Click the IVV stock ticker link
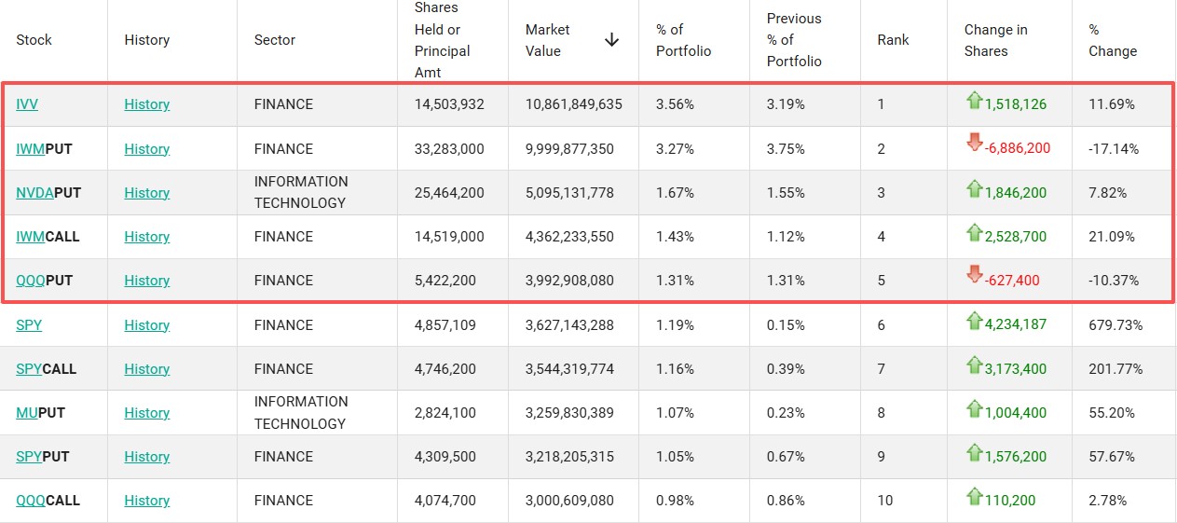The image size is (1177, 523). point(27,104)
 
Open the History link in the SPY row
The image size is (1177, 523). point(146,324)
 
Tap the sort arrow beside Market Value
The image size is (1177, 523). point(611,40)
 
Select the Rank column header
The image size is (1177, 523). point(893,40)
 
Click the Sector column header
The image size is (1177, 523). point(274,40)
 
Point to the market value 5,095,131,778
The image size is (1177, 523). point(569,193)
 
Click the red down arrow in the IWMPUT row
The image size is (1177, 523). point(974,142)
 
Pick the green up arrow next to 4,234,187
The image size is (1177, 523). point(974,320)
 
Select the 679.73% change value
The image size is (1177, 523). point(1115,324)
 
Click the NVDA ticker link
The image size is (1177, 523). point(34,193)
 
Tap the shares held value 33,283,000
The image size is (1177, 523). point(449,149)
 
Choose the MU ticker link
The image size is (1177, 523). point(27,413)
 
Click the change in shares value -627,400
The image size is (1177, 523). point(1012,281)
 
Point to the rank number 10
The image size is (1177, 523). point(885,500)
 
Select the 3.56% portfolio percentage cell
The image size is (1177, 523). point(675,104)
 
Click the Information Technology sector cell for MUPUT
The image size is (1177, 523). point(301,413)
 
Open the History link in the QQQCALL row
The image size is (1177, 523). point(146,500)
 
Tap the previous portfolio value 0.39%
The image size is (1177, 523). point(786,369)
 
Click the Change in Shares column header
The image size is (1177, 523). point(995,40)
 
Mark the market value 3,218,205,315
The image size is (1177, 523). point(569,456)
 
